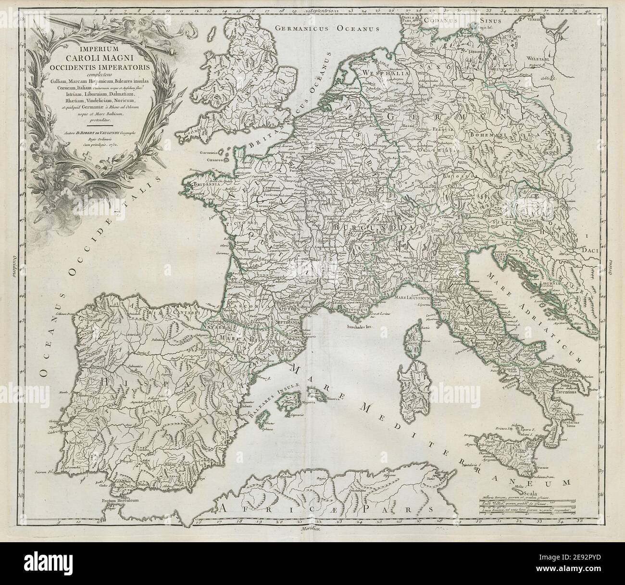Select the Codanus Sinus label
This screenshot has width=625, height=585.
click(x=466, y=21)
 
